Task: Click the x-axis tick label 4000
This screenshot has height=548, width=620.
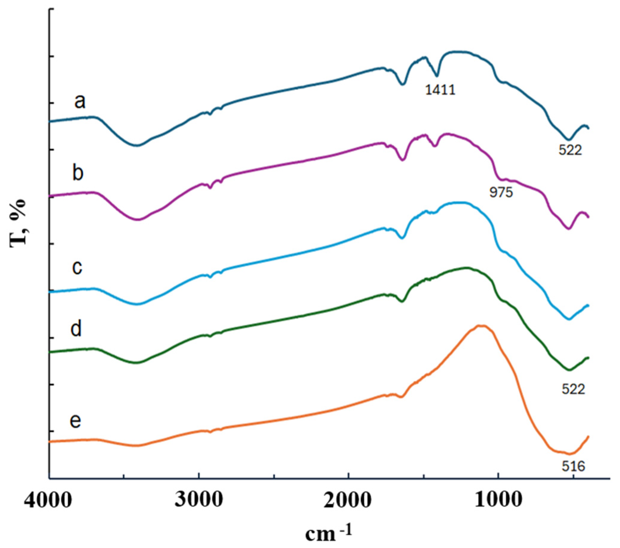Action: (49, 502)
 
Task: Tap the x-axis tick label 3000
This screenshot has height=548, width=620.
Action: (199, 502)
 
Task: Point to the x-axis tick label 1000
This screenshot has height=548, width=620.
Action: (498, 502)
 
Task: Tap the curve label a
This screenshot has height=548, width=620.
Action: (80, 102)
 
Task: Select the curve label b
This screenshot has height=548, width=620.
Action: (78, 174)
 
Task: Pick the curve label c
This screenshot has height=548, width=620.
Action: (77, 267)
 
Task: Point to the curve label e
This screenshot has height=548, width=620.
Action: (75, 420)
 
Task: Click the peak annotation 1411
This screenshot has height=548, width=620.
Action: (440, 90)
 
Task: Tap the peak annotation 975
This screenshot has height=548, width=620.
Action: (501, 193)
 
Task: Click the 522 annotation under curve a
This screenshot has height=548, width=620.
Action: (570, 150)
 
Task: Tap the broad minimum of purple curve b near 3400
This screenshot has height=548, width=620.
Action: (138, 219)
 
